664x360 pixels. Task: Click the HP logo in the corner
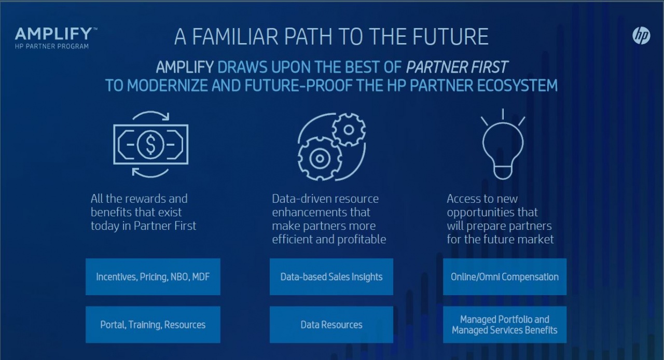[641, 36]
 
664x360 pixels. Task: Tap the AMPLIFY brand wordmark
[54, 34]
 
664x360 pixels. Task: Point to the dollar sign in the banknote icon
[150, 144]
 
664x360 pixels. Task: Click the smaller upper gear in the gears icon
[349, 130]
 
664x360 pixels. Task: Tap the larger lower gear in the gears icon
[320, 158]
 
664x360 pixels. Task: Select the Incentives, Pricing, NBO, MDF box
[153, 276]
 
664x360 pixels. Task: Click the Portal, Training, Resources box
[153, 325]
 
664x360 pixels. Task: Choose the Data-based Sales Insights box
[331, 276]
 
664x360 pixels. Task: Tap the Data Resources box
[331, 325]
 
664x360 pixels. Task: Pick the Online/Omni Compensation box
[505, 276]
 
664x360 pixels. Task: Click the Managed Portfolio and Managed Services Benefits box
[505, 325]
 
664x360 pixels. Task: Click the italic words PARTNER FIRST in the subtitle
[457, 67]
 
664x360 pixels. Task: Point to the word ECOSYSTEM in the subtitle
[518, 86]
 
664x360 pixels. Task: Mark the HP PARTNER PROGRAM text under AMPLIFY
[52, 46]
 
